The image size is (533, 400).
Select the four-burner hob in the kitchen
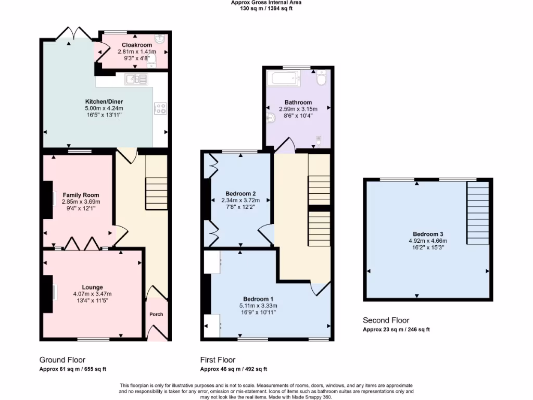160,109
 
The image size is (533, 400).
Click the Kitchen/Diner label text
104,101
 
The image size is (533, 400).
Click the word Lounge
92,287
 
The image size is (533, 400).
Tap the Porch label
156,314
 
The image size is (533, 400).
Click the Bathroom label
298,102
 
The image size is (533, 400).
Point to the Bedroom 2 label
240,193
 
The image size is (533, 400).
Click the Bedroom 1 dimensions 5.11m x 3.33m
259,306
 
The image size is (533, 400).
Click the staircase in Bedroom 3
478,213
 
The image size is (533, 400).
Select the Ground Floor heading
62,360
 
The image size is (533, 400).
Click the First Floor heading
218,360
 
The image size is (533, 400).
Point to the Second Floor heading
386,320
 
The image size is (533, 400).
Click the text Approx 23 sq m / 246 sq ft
396,330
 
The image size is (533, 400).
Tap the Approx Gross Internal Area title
266,3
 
